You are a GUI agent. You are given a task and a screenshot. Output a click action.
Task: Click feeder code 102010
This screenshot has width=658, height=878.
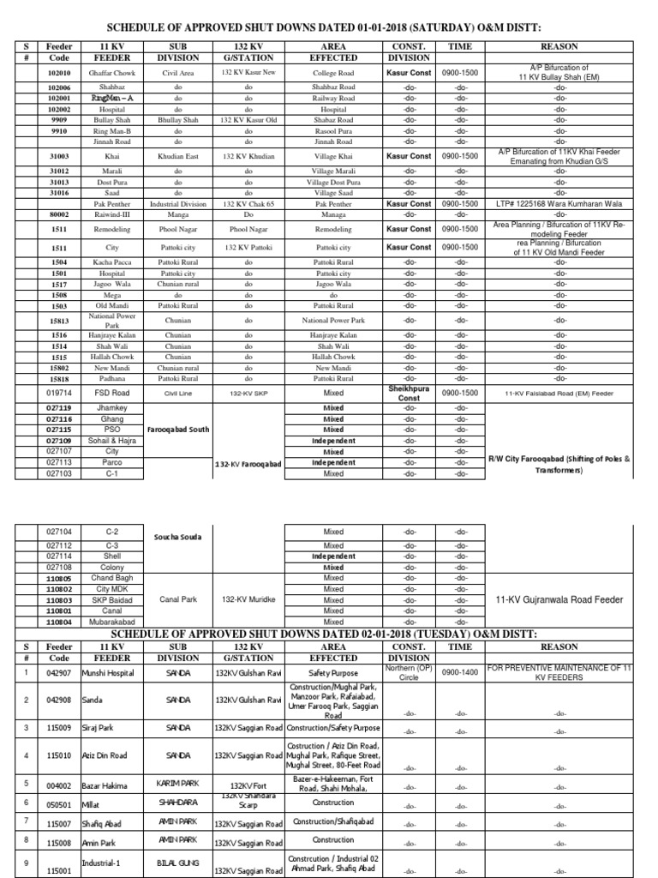pyautogui.click(x=59, y=74)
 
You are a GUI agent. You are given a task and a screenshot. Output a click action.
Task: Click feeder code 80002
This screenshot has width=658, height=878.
pyautogui.click(x=59, y=215)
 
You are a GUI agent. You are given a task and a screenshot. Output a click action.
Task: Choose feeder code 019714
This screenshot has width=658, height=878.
pyautogui.click(x=59, y=393)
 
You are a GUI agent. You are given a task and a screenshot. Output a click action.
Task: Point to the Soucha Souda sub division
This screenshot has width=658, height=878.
pyautogui.click(x=178, y=537)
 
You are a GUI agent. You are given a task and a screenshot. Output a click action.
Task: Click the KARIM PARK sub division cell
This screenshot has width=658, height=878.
pyautogui.click(x=178, y=784)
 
